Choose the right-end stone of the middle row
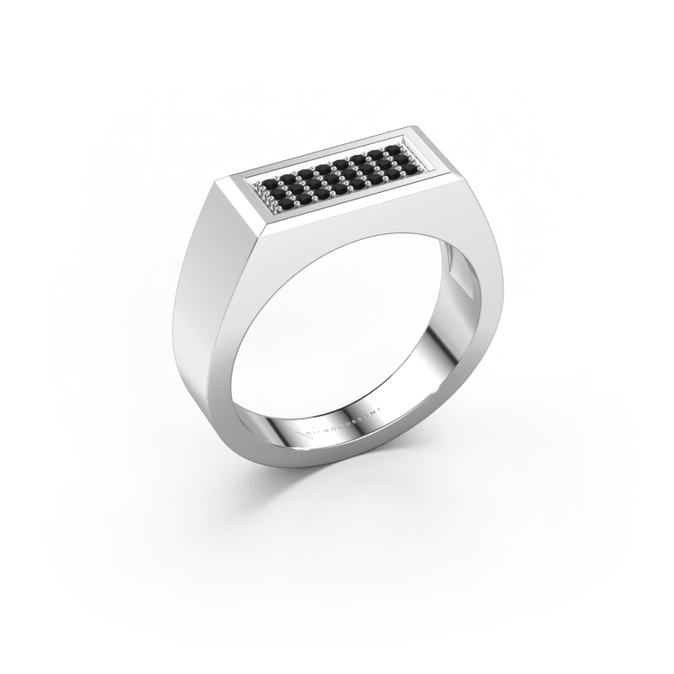[x=409, y=160]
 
